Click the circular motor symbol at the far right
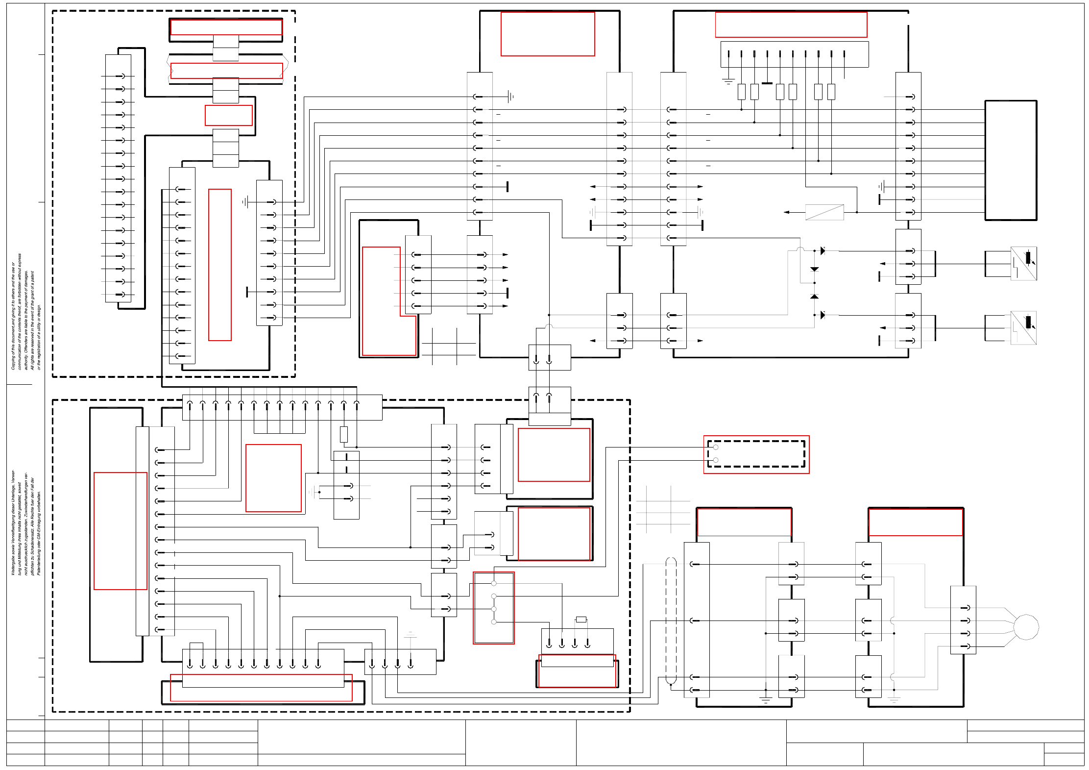pyautogui.click(x=1026, y=627)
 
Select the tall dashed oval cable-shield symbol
pyautogui.click(x=671, y=621)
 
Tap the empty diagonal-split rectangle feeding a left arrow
pyautogui.click(x=824, y=212)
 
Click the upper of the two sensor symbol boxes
pyautogui.click(x=1023, y=264)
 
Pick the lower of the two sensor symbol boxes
pyautogui.click(x=1023, y=327)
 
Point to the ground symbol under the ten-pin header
pyautogui.click(x=728, y=81)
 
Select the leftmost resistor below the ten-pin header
pyautogui.click(x=742, y=92)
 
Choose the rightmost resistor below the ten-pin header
pyautogui.click(x=831, y=92)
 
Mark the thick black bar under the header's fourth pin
pyautogui.click(x=767, y=83)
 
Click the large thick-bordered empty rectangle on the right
pyautogui.click(x=1011, y=160)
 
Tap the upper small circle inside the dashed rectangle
pyautogui.click(x=716, y=447)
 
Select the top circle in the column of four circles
pyautogui.click(x=494, y=583)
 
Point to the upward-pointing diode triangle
pyautogui.click(x=814, y=297)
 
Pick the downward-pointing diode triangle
pyautogui.click(x=814, y=269)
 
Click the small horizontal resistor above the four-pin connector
pyautogui.click(x=581, y=620)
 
